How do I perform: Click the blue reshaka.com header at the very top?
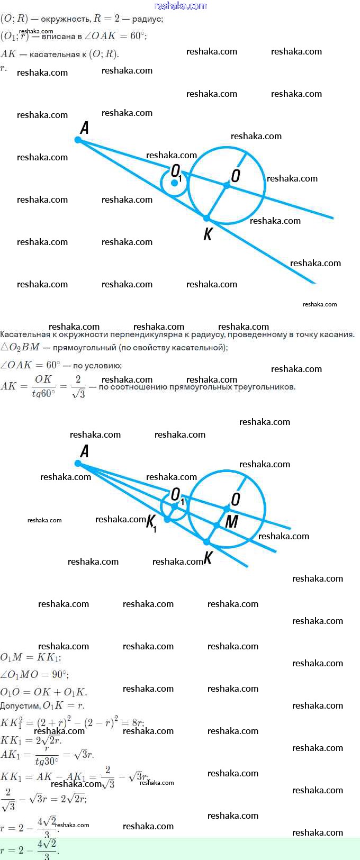(x=180, y=6)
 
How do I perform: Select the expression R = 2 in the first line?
(x=106, y=19)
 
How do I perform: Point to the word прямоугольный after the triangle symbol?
(x=84, y=348)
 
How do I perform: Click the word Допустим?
(x=20, y=705)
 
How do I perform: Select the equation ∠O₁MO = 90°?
(x=34, y=675)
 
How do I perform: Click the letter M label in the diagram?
(x=232, y=522)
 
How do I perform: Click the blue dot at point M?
(x=217, y=525)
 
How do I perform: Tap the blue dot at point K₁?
(x=167, y=520)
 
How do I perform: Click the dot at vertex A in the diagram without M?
(x=78, y=140)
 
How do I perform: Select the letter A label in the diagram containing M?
(x=84, y=451)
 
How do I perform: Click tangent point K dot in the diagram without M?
(x=207, y=218)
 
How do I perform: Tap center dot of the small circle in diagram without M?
(x=174, y=183)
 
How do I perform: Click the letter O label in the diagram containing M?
(x=236, y=499)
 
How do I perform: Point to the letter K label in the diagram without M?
(x=208, y=234)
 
